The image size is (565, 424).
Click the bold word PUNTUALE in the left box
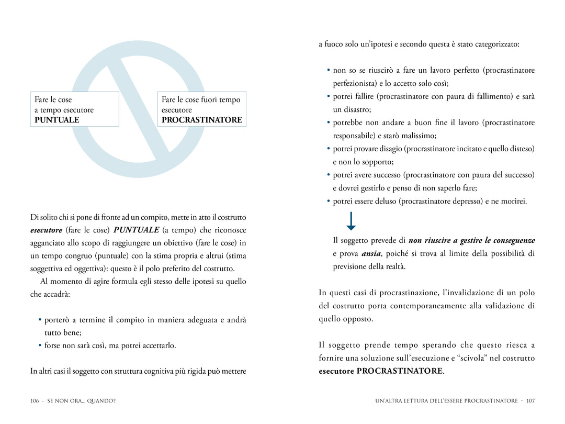[x=57, y=120]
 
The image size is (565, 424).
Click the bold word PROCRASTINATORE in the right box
[x=202, y=120]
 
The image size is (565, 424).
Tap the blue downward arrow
[x=351, y=221]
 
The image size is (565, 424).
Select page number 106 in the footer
[x=35, y=401]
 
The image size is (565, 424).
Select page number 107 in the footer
[x=530, y=401]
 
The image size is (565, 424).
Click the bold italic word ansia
[x=370, y=253]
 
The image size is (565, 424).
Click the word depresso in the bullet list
[x=468, y=201]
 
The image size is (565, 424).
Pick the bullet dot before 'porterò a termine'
[x=40, y=320]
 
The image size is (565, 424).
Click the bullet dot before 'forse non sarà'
[x=40, y=345]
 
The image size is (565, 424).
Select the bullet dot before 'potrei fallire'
[x=329, y=96]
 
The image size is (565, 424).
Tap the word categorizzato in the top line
[x=496, y=44]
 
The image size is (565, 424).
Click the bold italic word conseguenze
[x=514, y=240]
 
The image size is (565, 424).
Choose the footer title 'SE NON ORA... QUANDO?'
[x=81, y=401]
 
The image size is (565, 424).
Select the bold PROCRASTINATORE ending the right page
[x=400, y=371]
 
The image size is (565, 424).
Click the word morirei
[x=512, y=201]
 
